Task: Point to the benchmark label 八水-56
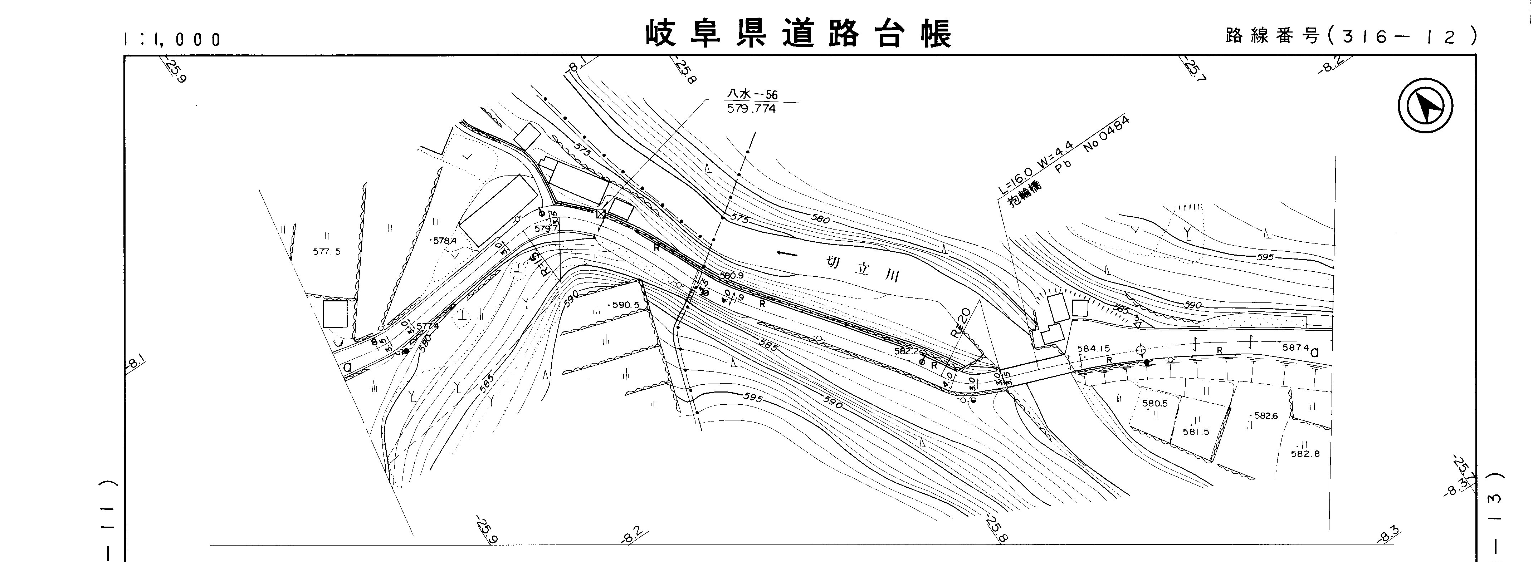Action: pos(752,94)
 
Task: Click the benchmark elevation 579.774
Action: pos(752,109)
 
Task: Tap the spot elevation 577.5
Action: pos(327,252)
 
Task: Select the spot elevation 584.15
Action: pos(1093,349)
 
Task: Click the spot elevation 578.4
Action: pos(444,241)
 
